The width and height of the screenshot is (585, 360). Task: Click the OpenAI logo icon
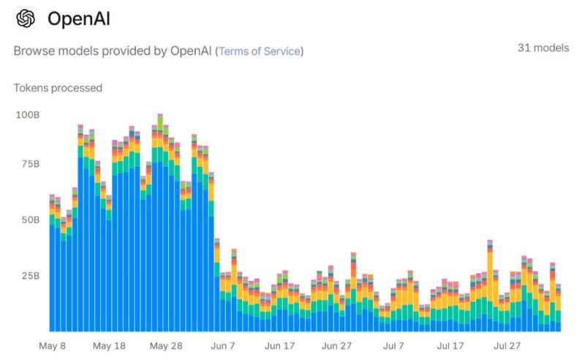tap(26, 18)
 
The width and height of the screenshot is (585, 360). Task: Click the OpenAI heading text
tap(79, 19)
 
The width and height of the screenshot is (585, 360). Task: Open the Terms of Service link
tap(259, 51)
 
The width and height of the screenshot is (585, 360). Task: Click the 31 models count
tap(543, 48)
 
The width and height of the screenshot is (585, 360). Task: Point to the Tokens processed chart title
tap(58, 88)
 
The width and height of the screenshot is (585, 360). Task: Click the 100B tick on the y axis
tap(27, 116)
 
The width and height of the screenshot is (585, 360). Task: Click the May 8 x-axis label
tap(53, 345)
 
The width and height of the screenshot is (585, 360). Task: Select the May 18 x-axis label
tap(110, 345)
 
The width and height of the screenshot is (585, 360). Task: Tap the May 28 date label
tap(166, 345)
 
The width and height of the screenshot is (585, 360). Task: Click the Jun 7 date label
tap(222, 345)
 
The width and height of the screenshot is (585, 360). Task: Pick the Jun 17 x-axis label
tap(279, 345)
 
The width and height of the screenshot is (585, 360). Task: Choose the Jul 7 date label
tap(393, 345)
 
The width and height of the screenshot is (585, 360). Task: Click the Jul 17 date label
tap(450, 345)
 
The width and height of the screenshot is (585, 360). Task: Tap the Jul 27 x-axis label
tap(506, 345)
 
